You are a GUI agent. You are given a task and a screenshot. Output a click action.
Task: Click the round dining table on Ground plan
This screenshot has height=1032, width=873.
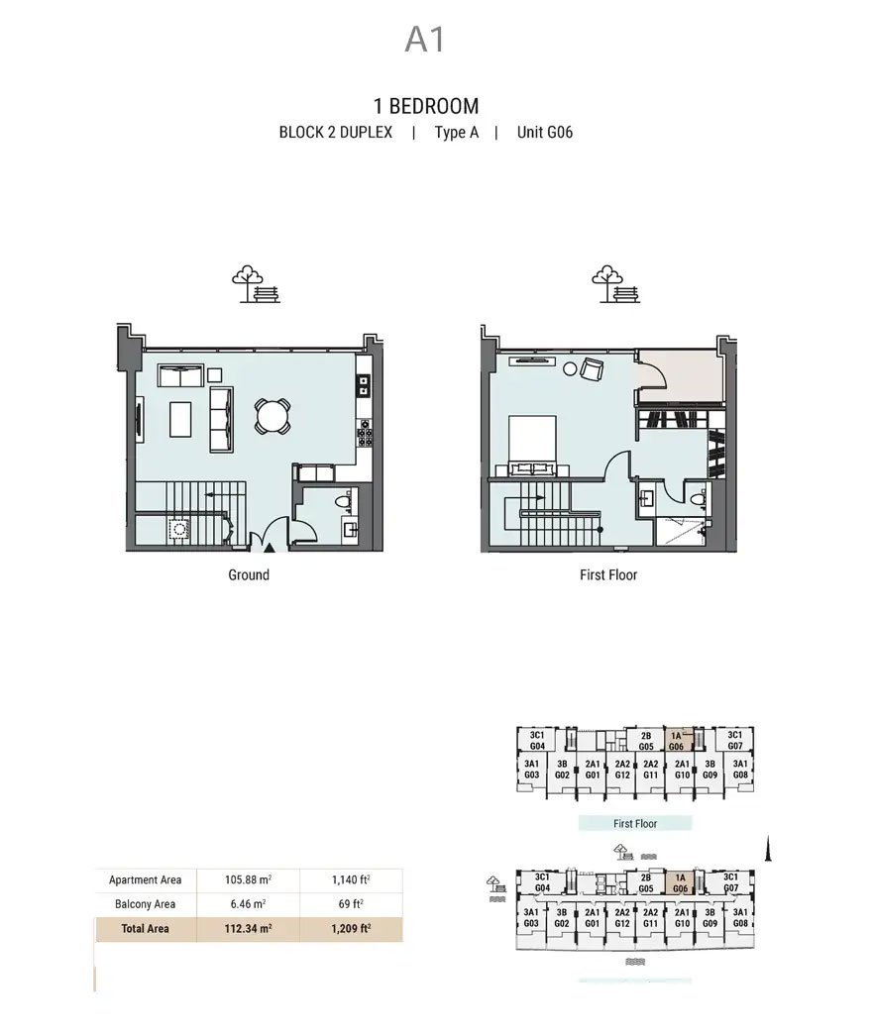273,416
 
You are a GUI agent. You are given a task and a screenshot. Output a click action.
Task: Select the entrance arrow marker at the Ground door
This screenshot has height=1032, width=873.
270,547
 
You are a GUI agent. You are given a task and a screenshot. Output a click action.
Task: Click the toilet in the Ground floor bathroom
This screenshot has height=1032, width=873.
344,502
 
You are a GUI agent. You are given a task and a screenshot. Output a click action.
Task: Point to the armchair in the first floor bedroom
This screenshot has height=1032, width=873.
592,369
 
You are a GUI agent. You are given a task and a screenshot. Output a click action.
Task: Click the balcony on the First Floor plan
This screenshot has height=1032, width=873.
682,375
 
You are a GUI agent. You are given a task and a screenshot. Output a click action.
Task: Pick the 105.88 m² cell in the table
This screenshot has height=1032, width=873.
248,879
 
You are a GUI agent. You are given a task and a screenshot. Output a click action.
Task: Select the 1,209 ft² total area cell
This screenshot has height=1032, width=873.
351,929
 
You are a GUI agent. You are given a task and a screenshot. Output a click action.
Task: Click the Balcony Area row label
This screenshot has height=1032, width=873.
145,903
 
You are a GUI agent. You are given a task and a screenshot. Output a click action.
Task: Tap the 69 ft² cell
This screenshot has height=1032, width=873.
351,903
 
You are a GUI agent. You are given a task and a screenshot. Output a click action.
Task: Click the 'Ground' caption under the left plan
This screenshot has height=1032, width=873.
249,574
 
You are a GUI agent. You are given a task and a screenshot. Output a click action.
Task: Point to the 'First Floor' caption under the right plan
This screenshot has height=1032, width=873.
608,574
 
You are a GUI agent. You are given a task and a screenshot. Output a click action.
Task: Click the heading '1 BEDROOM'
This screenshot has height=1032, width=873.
426,106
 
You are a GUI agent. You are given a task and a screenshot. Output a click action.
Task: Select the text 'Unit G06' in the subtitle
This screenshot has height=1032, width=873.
544,133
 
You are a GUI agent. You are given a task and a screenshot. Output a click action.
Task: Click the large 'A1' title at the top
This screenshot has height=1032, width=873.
425,40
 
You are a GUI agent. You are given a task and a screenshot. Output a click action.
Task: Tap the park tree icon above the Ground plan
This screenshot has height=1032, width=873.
256,284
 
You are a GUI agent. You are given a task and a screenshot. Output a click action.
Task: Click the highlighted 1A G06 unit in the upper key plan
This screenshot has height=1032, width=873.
678,741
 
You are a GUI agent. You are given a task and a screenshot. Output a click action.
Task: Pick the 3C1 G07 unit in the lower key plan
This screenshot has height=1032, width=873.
730,882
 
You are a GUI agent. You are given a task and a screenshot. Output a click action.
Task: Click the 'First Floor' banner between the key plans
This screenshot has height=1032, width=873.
635,823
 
